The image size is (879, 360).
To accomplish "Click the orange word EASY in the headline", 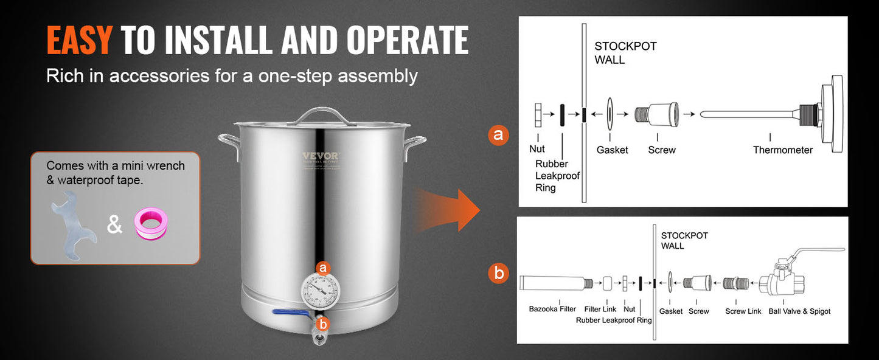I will [x=79, y=40].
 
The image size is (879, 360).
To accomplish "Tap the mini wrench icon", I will [x=72, y=225].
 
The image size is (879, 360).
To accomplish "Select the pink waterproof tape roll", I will [x=151, y=224].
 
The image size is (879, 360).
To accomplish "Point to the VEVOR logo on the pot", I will [x=320, y=156].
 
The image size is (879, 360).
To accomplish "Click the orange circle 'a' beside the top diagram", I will [x=498, y=135].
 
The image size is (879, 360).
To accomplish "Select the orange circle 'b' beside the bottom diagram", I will [x=499, y=274].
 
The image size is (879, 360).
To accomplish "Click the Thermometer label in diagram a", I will [x=782, y=150].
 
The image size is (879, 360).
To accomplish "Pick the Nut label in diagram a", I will [x=537, y=149].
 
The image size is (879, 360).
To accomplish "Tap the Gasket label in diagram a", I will [x=612, y=150].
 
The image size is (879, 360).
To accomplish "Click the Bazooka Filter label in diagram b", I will [x=552, y=310].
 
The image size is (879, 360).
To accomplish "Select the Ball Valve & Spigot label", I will [x=799, y=311].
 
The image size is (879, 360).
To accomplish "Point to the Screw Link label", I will [x=743, y=311].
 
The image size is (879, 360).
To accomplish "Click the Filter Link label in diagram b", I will [x=600, y=310].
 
